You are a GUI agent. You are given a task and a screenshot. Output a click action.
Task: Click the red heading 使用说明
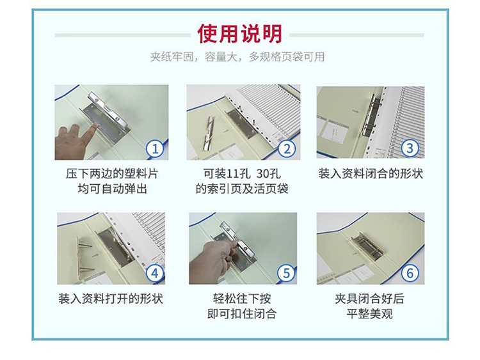click(239, 34)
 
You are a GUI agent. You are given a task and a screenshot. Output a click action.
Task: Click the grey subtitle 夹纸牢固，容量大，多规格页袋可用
click(237, 57)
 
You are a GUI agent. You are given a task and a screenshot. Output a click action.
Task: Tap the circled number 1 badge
click(156, 148)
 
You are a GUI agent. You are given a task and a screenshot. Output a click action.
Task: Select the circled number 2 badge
click(287, 148)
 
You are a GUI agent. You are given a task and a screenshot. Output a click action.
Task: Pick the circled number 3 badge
click(410, 148)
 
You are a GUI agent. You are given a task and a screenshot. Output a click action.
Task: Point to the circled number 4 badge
click(155, 273)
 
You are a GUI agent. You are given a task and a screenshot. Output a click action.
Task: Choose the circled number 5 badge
click(286, 273)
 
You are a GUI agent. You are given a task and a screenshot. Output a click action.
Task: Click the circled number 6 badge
click(410, 273)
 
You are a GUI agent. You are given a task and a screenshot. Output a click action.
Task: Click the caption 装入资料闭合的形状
click(371, 174)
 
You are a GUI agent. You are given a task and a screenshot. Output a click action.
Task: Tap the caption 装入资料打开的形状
click(111, 299)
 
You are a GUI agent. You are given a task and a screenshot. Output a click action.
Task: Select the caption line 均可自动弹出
click(113, 189)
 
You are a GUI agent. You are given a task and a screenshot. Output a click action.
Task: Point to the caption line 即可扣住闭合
click(242, 314)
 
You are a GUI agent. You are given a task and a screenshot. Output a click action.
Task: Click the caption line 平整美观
click(370, 314)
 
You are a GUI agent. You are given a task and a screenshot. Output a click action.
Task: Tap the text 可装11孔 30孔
click(242, 174)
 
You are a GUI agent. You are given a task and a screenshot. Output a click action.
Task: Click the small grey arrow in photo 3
click(355, 111)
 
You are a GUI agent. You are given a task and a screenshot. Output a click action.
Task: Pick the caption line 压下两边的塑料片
click(113, 174)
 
